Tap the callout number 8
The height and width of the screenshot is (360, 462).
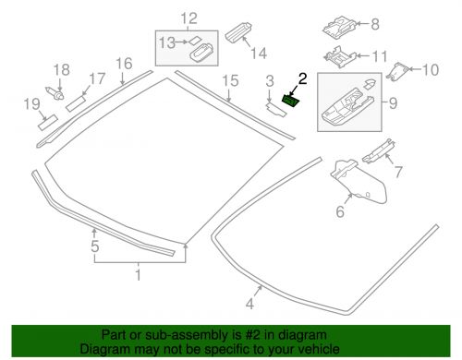click(374, 25)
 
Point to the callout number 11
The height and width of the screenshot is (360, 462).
click(380, 57)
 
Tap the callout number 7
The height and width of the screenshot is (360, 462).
click(399, 173)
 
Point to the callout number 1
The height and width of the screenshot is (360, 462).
click(140, 274)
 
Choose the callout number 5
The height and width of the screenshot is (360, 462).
click(94, 247)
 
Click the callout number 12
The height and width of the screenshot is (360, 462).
click(188, 18)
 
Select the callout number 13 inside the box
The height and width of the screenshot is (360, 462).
click(167, 42)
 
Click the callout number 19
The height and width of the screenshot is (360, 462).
click(30, 105)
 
